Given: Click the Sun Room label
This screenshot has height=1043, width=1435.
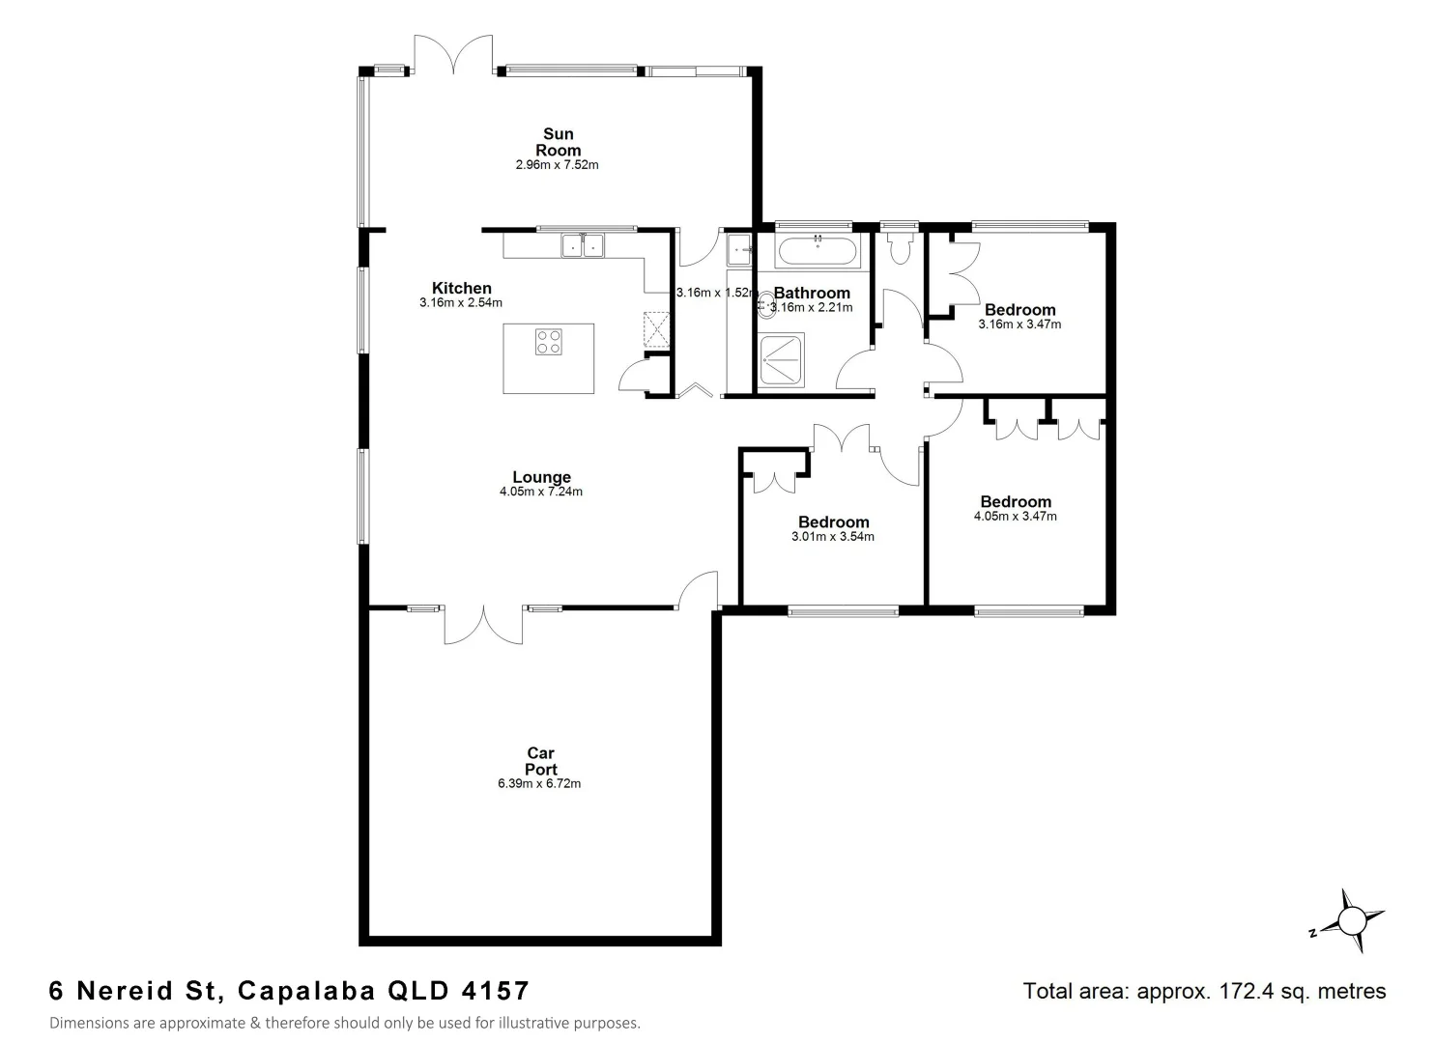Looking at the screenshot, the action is click(x=558, y=142).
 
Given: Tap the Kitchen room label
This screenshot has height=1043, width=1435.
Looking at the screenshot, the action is click(x=461, y=288).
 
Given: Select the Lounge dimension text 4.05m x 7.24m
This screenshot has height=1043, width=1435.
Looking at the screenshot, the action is click(x=541, y=492).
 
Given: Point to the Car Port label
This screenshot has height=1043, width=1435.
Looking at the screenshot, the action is click(x=541, y=761).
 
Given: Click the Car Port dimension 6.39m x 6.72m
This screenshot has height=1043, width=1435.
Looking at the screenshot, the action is click(x=539, y=783).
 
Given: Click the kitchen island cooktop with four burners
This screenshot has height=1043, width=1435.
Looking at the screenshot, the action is click(x=548, y=341).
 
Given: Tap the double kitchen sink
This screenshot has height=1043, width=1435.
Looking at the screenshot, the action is click(x=583, y=246).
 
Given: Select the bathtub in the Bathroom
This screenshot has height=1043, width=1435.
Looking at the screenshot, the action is click(x=817, y=251).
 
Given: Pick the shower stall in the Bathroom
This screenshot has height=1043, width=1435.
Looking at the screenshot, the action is click(x=781, y=360).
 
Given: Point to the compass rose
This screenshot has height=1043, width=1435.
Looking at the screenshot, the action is click(x=1352, y=921).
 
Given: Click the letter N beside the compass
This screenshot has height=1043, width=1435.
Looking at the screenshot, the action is click(x=1312, y=933).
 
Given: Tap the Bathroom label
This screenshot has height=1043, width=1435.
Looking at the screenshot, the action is click(x=812, y=293).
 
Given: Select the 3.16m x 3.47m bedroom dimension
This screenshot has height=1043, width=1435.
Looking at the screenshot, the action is click(x=1019, y=324).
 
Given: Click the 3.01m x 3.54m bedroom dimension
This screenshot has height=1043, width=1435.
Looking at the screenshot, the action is click(x=833, y=537).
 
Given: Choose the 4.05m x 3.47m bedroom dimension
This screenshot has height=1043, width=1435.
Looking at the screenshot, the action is click(x=1016, y=516).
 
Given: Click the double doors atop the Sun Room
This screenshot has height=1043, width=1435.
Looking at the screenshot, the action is click(x=454, y=54).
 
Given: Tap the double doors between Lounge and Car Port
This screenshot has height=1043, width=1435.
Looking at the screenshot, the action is click(x=484, y=625).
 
